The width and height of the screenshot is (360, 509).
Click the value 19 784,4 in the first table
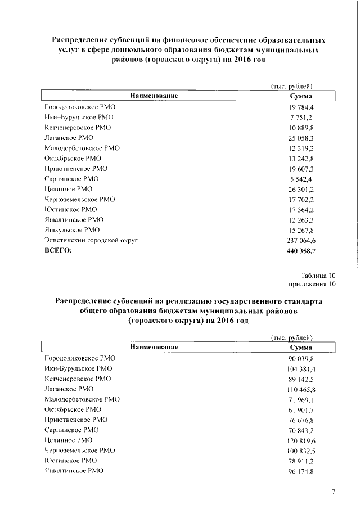pos(301,107)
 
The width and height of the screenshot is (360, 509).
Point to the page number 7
pos(333,492)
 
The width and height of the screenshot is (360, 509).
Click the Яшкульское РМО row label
pos(71,230)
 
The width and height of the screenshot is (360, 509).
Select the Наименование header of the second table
pos(154,348)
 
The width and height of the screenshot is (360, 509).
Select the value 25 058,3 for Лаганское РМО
pos(301,138)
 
